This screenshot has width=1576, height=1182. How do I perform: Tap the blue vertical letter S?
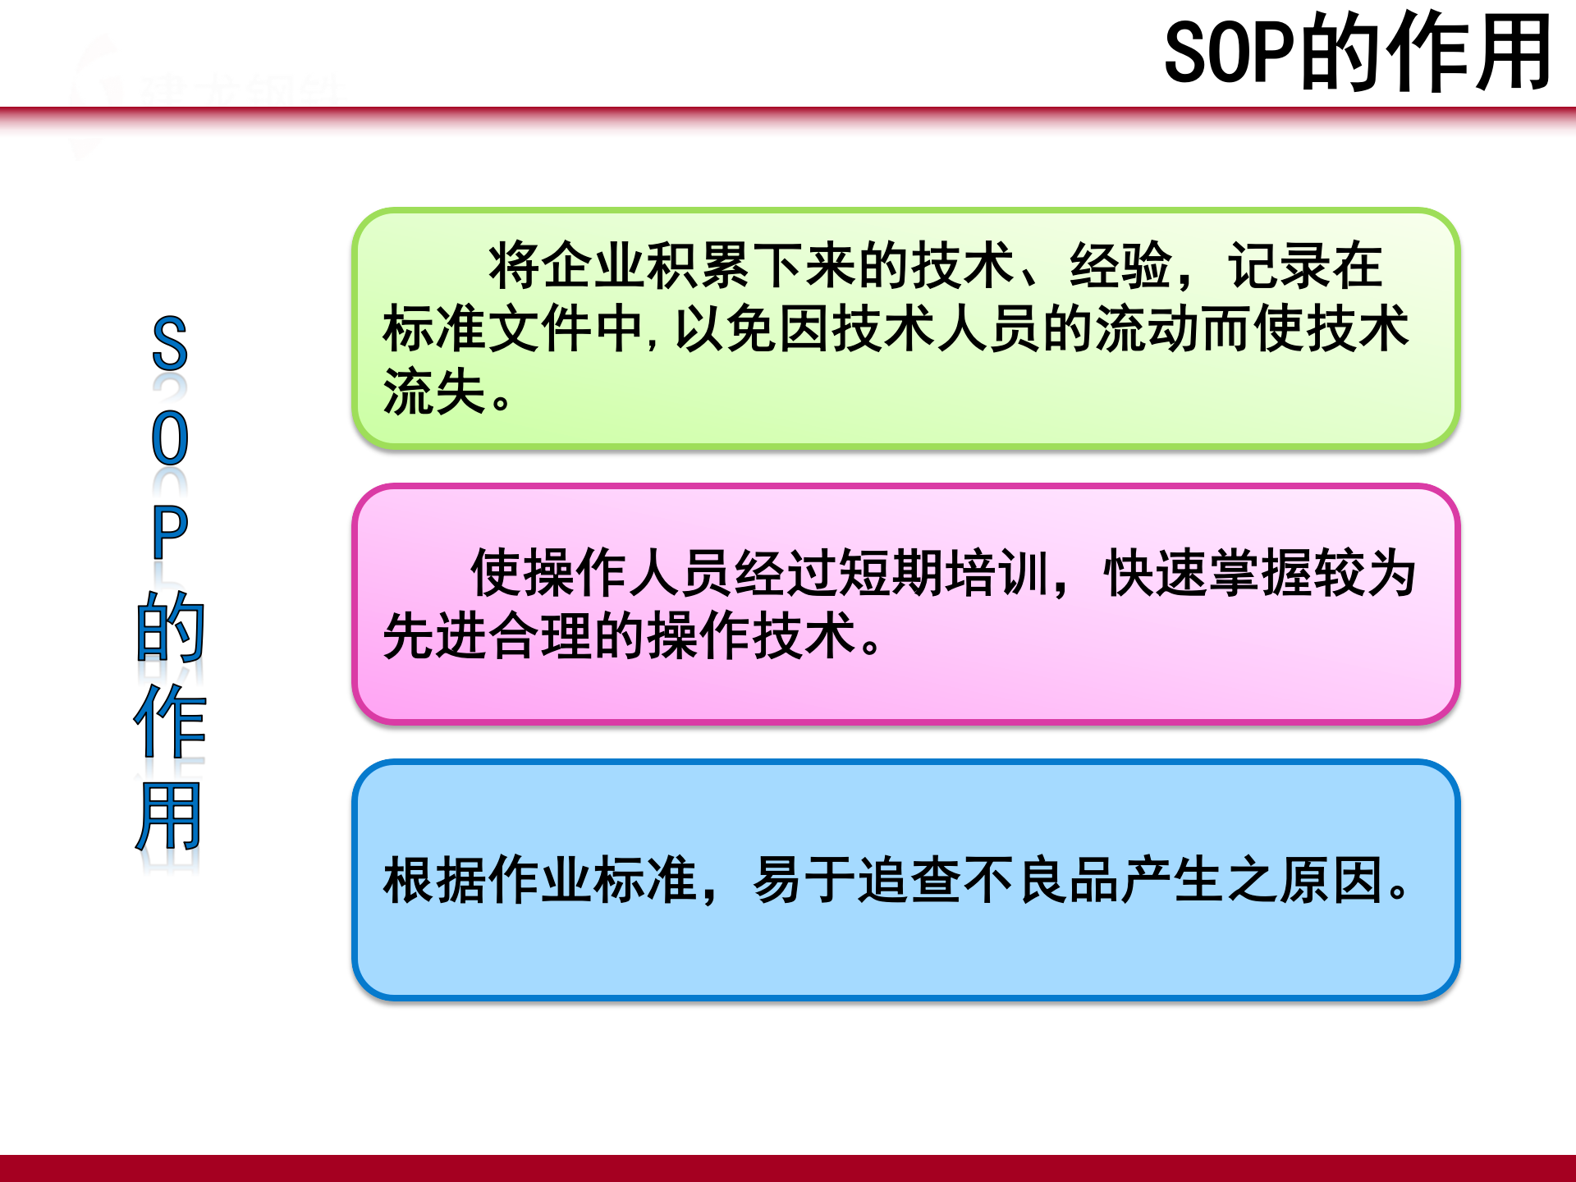click(x=170, y=344)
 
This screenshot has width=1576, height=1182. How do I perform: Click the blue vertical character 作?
click(x=170, y=722)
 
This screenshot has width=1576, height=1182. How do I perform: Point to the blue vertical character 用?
click(x=170, y=817)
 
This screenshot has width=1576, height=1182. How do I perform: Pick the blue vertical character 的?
click(x=170, y=628)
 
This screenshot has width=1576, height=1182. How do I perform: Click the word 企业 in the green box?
click(x=593, y=266)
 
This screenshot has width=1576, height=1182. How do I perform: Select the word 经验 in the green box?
click(x=1120, y=266)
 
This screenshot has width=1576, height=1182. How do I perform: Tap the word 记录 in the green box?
click(x=1278, y=266)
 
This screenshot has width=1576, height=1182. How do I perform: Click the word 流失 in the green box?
click(x=435, y=392)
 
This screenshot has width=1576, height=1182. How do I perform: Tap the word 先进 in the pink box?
click(x=435, y=635)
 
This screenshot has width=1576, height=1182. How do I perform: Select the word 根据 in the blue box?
click(x=435, y=880)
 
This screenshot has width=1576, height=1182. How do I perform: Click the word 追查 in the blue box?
click(x=909, y=880)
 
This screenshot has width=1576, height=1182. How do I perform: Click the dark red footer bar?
click(x=788, y=1168)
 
